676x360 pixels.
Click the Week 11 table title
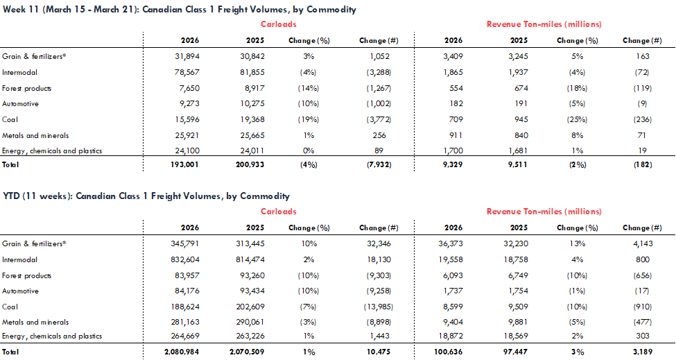180,10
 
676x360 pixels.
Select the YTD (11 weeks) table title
146,196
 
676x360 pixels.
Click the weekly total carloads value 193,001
184,164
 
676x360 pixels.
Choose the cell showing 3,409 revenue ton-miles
453,56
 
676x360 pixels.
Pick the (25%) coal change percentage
577,119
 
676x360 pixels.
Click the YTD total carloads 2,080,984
182,352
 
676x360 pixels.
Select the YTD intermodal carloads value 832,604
185,259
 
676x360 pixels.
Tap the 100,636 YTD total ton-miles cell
449,352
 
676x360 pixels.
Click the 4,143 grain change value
643,243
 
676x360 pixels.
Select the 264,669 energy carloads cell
185,336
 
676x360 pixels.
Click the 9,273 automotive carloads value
189,104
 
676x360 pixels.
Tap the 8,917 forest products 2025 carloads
254,88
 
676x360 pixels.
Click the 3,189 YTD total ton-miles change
643,352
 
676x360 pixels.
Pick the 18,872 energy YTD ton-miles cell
451,336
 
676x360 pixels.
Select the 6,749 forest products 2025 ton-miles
518,275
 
